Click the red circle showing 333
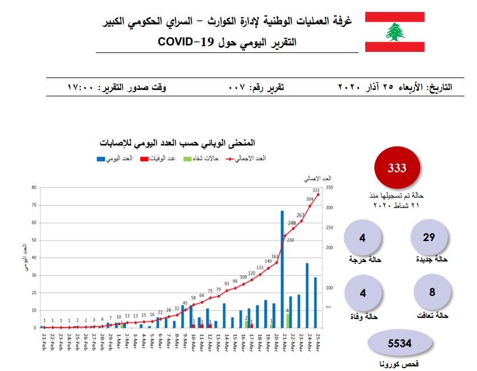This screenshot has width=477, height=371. pyautogui.click(x=397, y=169)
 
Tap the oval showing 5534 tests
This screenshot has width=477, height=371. pyautogui.click(x=399, y=343)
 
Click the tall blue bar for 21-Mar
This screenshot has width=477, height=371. pyautogui.click(x=282, y=269)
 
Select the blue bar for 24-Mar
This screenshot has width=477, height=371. pyautogui.click(x=307, y=295)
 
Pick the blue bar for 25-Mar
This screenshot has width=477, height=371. pyautogui.click(x=315, y=302)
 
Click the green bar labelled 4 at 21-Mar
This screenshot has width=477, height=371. pyautogui.click(x=288, y=320)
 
